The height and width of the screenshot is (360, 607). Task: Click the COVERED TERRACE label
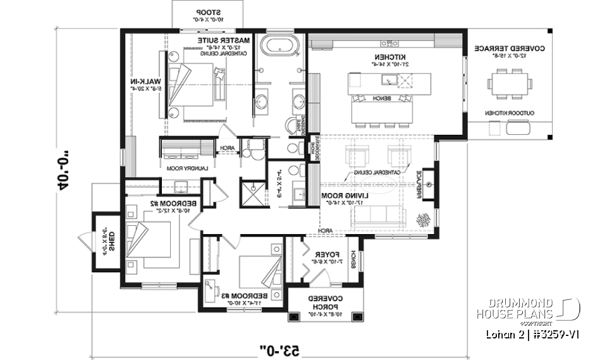coord(510,48)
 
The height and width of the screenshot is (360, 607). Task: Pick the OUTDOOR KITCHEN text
coord(510,113)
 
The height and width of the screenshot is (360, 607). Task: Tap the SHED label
coord(111,240)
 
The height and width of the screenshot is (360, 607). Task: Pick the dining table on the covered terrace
coord(510,83)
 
